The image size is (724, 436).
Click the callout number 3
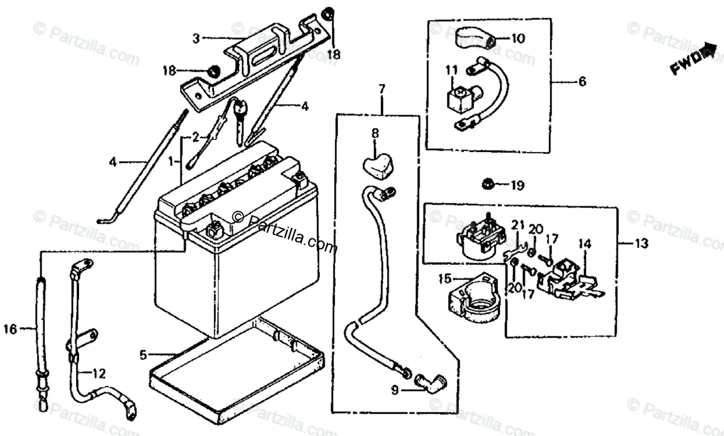(x=195, y=38)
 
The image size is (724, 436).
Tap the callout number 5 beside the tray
(x=143, y=355)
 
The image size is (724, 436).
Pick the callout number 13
(x=641, y=244)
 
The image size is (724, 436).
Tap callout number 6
(x=582, y=80)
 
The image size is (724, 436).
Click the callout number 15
(x=445, y=279)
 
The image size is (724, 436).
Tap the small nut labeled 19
(x=486, y=183)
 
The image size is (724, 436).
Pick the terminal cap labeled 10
(x=474, y=39)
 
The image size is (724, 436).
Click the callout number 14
(x=584, y=244)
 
